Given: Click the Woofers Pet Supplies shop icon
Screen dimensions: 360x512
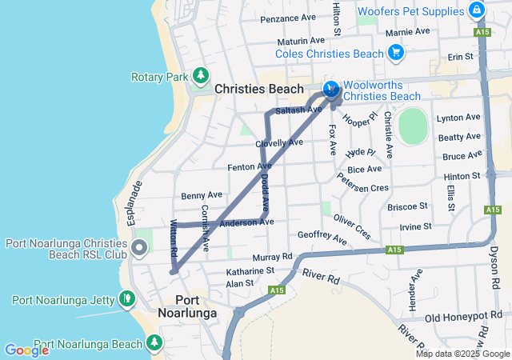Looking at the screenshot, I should [x=477, y=10].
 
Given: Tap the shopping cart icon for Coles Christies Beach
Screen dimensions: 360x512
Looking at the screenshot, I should [x=395, y=54].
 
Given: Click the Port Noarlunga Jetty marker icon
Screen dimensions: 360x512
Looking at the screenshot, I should [x=126, y=299].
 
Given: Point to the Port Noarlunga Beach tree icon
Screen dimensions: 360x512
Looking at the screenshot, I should [x=154, y=343].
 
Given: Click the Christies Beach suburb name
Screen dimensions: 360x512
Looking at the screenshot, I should [x=258, y=90].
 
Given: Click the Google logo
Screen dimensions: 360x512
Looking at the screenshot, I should [x=26, y=350].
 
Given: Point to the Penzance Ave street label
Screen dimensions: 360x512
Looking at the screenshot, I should [x=288, y=18].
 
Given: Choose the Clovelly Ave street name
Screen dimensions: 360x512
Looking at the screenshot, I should [x=279, y=143].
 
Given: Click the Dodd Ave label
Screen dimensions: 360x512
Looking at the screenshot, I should [x=265, y=193].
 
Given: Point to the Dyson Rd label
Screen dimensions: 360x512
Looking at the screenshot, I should [x=493, y=265].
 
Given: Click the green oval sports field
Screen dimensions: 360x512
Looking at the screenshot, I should [x=413, y=126].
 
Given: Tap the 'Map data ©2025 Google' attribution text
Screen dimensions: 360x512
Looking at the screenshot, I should [x=462, y=354].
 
